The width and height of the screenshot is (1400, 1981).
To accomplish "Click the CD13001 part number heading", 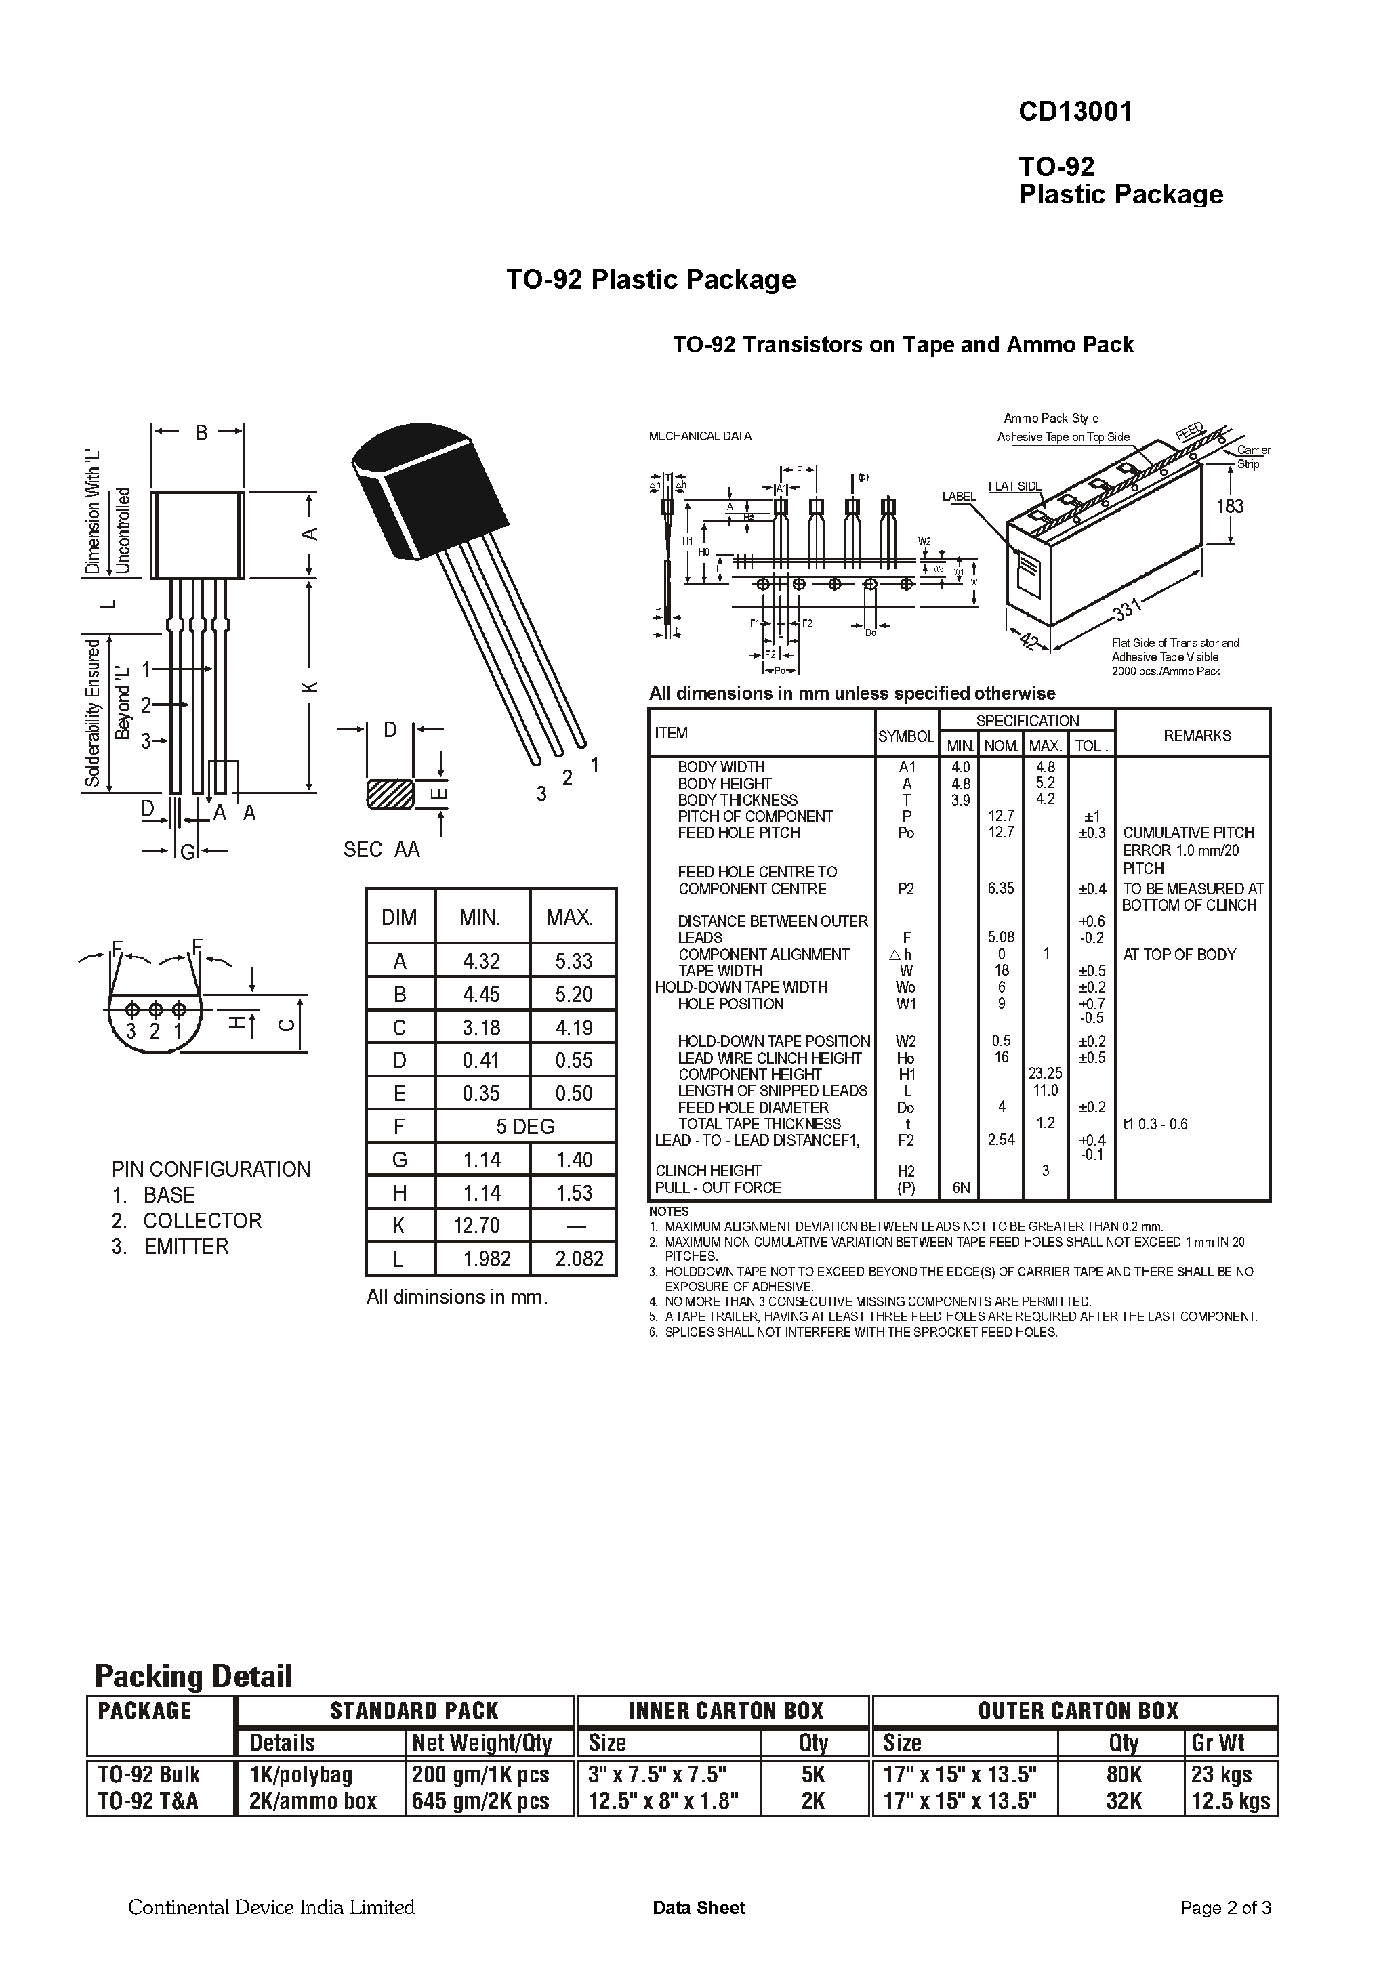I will point(1074,112).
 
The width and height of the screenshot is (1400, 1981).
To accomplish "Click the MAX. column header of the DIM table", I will point(569,917).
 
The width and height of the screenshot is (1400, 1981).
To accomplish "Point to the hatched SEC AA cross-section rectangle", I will point(390,795).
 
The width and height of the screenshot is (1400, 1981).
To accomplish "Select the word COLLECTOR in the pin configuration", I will point(202,1221).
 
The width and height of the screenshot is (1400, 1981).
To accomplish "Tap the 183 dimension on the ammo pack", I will point(1230,505).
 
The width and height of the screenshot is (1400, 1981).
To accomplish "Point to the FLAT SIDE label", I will point(1015,486).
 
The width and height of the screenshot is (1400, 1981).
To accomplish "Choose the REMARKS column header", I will point(1196,736).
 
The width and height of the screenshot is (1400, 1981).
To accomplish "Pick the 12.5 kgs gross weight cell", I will point(1230,1801).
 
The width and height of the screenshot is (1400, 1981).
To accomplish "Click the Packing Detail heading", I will point(193,1676).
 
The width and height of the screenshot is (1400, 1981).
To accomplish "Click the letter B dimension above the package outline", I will point(201,433).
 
